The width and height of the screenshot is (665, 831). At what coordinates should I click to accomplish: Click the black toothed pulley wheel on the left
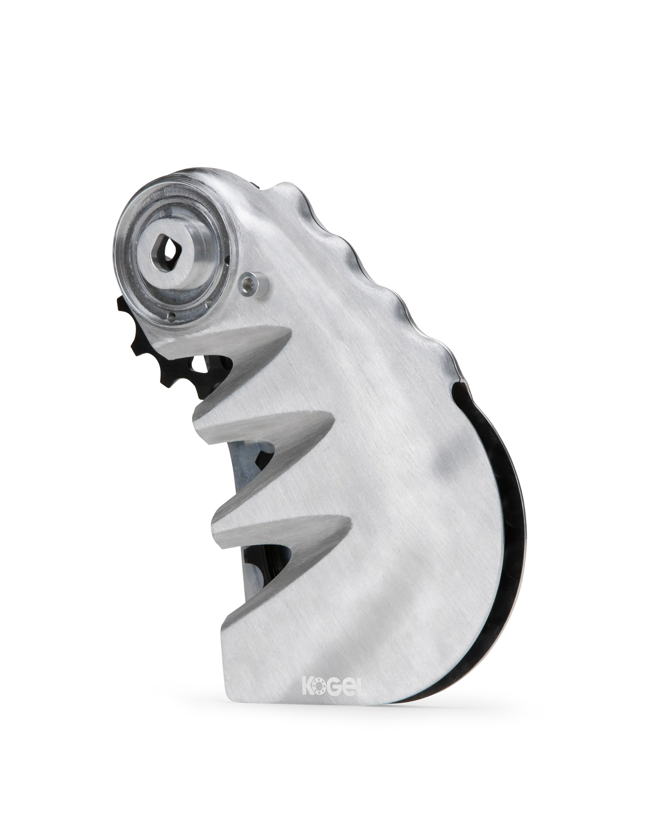tap(170, 347)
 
